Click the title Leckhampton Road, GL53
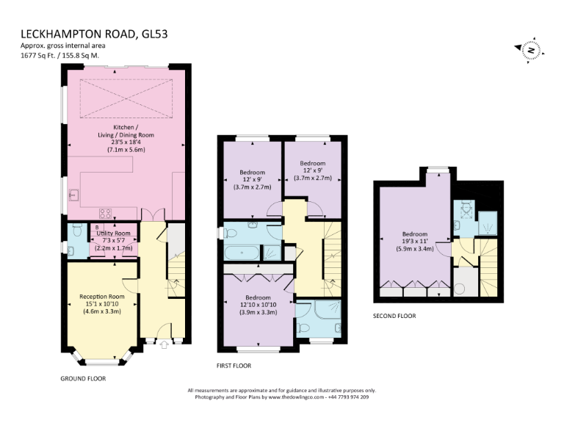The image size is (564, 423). point(98,35)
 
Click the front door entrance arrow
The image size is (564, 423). point(163,343)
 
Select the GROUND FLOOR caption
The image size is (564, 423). point(83,379)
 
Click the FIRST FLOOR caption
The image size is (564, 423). point(234,365)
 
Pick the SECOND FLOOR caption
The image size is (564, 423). point(394,316)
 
